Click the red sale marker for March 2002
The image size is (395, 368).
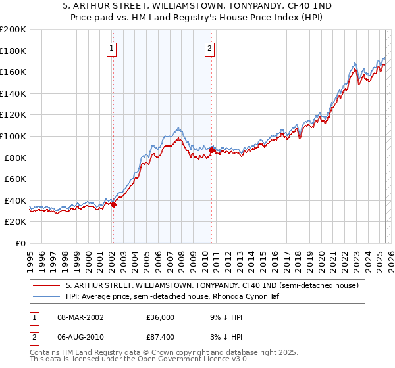(x=113, y=204)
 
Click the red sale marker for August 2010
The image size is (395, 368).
(x=211, y=150)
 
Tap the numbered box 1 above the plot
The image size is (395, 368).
(x=112, y=48)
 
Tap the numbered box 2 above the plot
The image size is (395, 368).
(x=209, y=48)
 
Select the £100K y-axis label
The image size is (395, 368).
(x=13, y=136)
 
